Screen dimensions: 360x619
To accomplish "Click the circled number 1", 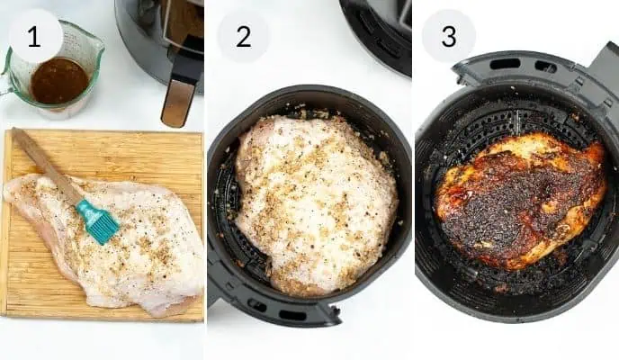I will click(35, 36).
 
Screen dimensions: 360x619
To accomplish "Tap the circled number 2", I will click(243, 36).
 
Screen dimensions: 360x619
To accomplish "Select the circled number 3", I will click(448, 36).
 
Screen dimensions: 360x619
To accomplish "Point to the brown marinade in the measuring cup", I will click(59, 81).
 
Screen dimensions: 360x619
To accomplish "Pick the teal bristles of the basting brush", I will click(97, 221).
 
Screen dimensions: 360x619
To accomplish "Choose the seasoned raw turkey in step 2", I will click(315, 202).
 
